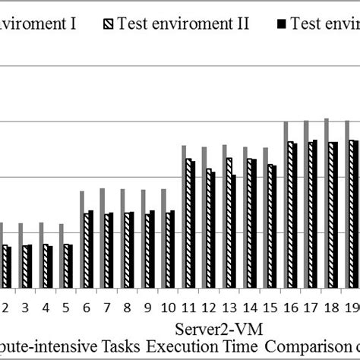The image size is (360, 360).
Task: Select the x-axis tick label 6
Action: click(87, 309)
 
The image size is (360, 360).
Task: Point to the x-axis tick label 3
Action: click(25, 309)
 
